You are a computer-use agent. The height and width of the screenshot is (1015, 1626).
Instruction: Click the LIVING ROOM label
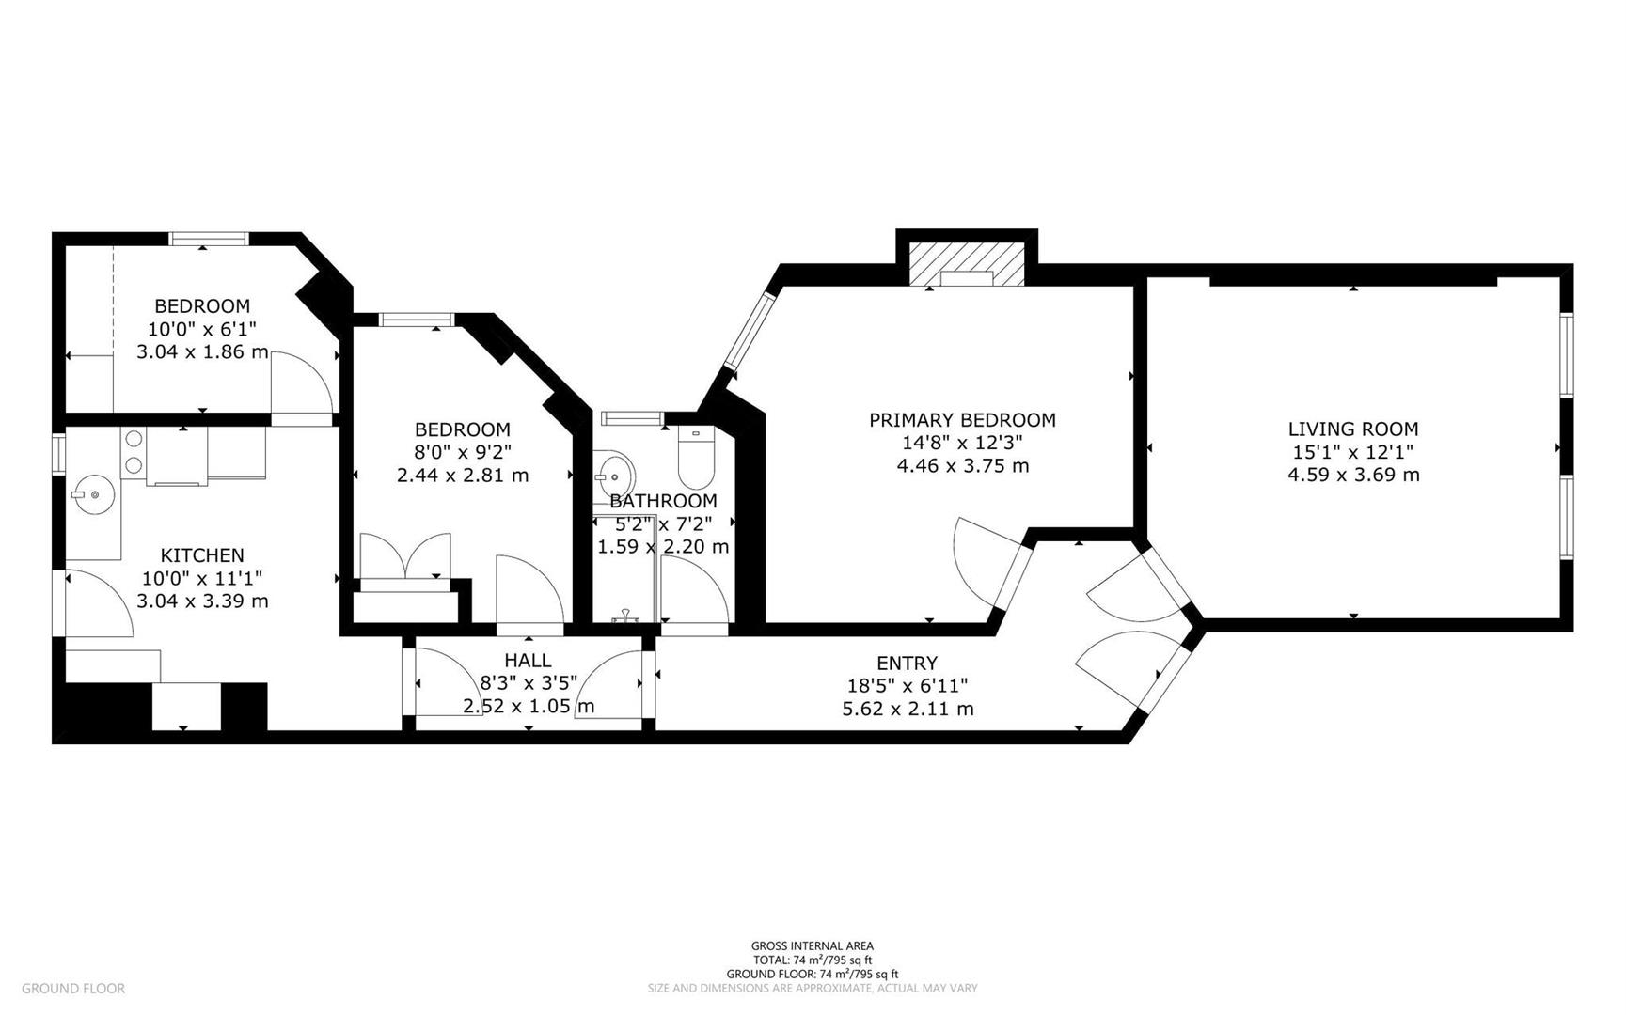[1352, 429]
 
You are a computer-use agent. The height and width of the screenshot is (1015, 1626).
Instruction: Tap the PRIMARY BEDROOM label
[962, 420]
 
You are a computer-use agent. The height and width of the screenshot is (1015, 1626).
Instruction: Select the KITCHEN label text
[202, 555]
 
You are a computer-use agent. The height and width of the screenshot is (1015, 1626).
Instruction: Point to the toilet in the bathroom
[697, 455]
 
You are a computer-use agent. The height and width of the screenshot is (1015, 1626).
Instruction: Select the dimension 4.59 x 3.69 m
[1352, 475]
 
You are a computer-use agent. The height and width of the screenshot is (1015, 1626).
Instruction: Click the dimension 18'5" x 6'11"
[907, 686]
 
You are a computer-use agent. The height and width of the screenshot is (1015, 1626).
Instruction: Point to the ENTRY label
[907, 664]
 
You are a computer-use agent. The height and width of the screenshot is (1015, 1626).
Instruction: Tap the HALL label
[528, 661]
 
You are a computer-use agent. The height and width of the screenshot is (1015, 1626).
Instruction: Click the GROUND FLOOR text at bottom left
[72, 988]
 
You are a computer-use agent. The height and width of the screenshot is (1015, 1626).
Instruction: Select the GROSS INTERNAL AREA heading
[812, 945]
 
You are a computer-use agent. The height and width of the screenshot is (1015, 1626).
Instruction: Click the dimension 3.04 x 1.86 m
[202, 352]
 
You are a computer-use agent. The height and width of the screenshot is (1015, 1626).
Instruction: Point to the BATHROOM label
[663, 501]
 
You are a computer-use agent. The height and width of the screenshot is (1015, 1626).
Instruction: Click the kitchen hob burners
[134, 451]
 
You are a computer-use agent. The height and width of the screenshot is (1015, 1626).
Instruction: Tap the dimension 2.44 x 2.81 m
[462, 476]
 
